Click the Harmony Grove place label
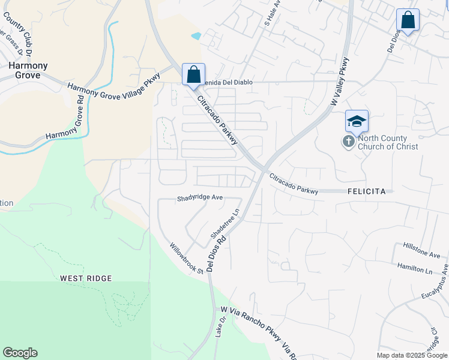[25, 70]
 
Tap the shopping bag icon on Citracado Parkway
[193, 76]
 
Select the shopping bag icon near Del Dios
[408, 20]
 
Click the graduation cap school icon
[356, 122]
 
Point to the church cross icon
[349, 142]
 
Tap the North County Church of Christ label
[387, 142]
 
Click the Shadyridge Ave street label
[200, 198]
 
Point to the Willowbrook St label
[186, 258]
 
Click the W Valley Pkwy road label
[339, 82]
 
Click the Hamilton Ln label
[415, 268]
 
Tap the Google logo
[20, 353]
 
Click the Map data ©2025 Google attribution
[412, 355]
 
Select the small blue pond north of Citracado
[196, 35]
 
